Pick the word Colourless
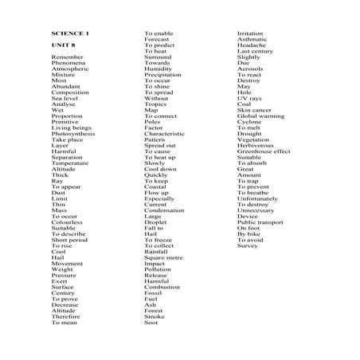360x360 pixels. coord(69,222)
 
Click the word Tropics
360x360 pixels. coord(155,104)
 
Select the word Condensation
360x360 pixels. coord(164,210)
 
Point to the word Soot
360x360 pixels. coord(151,323)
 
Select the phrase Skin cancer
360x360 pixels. coord(254,110)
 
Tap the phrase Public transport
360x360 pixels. coord(260,222)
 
